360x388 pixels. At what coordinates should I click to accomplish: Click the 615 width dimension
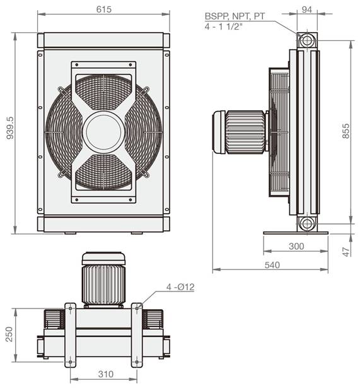104,9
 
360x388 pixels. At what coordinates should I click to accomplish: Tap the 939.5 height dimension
10,128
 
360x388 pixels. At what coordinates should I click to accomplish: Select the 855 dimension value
346,131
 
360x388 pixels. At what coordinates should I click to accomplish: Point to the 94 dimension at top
307,9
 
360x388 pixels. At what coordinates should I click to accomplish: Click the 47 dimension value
347,252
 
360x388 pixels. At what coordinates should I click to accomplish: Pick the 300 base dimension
296,246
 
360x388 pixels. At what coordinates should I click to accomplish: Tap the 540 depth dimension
272,265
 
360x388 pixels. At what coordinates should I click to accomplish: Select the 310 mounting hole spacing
105,374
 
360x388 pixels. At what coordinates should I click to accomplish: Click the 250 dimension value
9,334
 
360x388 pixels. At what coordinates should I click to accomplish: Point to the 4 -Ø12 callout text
180,287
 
